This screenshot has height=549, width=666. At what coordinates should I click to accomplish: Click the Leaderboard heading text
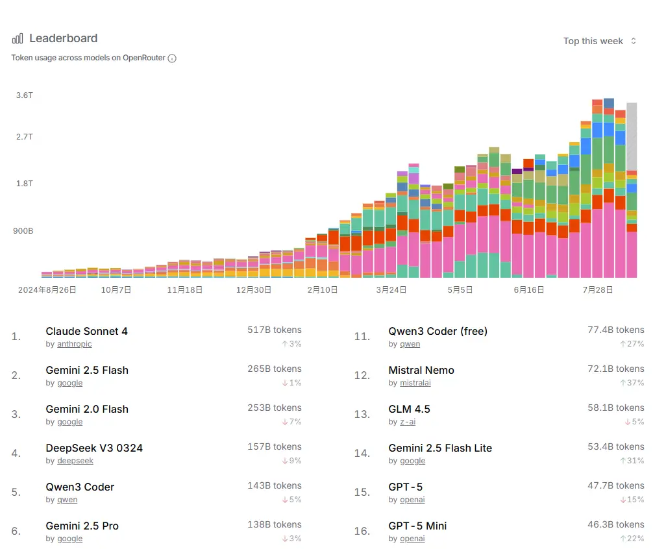pos(63,38)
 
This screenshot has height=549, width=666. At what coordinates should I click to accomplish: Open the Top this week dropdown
pos(600,41)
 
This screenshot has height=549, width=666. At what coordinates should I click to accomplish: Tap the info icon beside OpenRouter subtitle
pos(172,58)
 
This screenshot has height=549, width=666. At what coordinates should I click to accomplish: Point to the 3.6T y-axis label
pos(25,95)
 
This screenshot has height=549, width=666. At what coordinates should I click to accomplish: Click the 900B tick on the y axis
pos(23,231)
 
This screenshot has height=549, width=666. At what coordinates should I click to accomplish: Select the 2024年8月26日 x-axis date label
pos(47,290)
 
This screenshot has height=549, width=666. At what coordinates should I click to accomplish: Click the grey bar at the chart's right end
pos(631,136)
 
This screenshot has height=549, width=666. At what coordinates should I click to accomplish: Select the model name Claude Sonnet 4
pos(86,331)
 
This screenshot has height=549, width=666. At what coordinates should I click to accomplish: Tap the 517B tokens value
pos(274,330)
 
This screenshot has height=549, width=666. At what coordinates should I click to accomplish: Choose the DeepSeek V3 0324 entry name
pos(94,448)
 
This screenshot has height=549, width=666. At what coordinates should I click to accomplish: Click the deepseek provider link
pos(75,461)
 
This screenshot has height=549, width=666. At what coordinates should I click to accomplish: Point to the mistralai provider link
pos(415,383)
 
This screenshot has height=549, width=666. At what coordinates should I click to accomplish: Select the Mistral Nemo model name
pos(421,370)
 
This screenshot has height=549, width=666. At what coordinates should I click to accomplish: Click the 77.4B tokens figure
pos(615,330)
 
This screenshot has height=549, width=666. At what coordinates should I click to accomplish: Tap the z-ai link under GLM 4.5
pos(408,422)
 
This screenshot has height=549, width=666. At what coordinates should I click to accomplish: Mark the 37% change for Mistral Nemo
pos(632,383)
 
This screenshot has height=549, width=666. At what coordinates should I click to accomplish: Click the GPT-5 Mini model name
pos(417,526)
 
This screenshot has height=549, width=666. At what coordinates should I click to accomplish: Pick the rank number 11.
pos(362,336)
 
